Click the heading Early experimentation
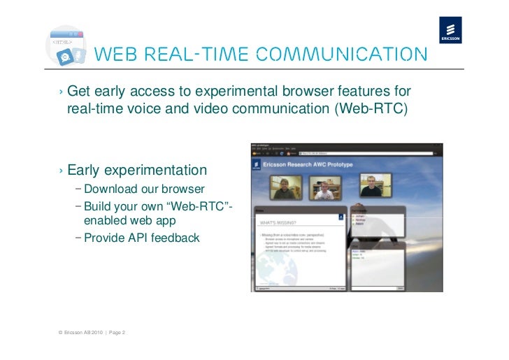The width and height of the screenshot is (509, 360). [137, 171]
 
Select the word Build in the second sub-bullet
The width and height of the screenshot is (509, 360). [97, 206]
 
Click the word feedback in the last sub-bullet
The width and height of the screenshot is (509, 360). [173, 238]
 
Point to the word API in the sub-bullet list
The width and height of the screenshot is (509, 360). [134, 238]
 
